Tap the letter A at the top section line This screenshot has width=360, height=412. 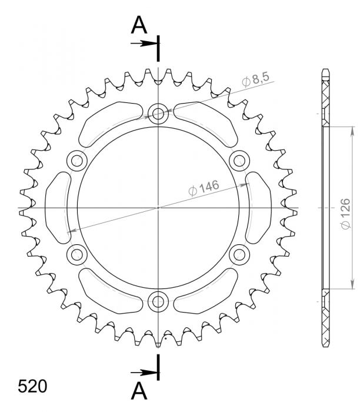click(x=139, y=25)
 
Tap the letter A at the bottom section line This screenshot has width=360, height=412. click(x=139, y=390)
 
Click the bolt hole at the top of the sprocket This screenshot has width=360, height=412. click(x=158, y=114)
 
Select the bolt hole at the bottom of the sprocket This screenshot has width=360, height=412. click(x=158, y=302)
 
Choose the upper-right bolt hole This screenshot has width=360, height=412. click(x=239, y=160)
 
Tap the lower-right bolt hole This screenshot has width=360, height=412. click(x=239, y=255)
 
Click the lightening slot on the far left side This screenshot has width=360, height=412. click(x=58, y=207)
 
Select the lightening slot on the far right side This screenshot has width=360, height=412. click(x=258, y=207)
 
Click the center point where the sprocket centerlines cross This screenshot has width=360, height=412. click(x=158, y=207)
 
